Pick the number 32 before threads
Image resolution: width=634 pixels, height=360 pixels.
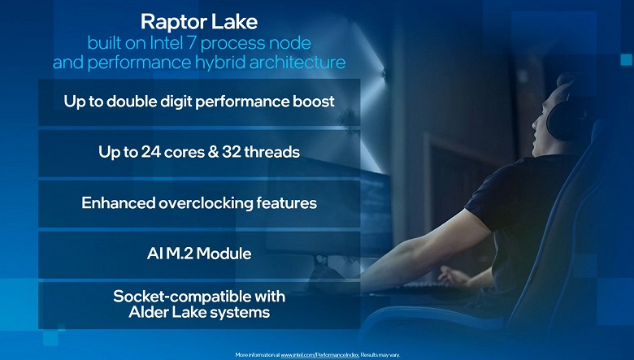pyautogui.click(x=230, y=152)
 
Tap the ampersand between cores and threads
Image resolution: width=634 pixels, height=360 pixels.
pyautogui.click(x=213, y=152)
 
